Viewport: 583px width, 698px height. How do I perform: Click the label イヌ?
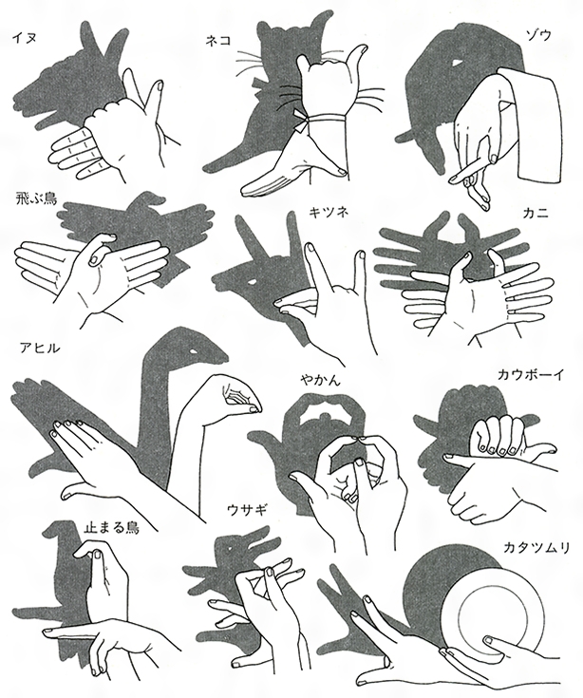pyautogui.click(x=25, y=37)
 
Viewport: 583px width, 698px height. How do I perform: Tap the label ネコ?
pyautogui.click(x=218, y=41)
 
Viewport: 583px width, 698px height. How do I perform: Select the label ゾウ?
pyautogui.click(x=539, y=34)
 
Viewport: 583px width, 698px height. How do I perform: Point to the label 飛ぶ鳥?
pyautogui.click(x=35, y=198)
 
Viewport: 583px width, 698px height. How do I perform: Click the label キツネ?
pyautogui.click(x=329, y=212)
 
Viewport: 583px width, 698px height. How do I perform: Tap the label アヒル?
pyautogui.click(x=39, y=348)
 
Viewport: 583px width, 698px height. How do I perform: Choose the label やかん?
pyautogui.click(x=320, y=381)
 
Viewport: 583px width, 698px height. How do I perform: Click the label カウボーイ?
pyautogui.click(x=531, y=374)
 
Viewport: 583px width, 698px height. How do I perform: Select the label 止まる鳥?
pyautogui.click(x=111, y=527)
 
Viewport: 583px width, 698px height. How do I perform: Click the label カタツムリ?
pyautogui.click(x=536, y=548)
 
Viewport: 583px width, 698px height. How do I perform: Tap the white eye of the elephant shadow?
pyautogui.click(x=454, y=64)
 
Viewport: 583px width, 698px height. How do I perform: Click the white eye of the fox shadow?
pyautogui.click(x=251, y=281)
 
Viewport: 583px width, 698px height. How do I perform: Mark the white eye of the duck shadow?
pyautogui.click(x=192, y=351)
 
